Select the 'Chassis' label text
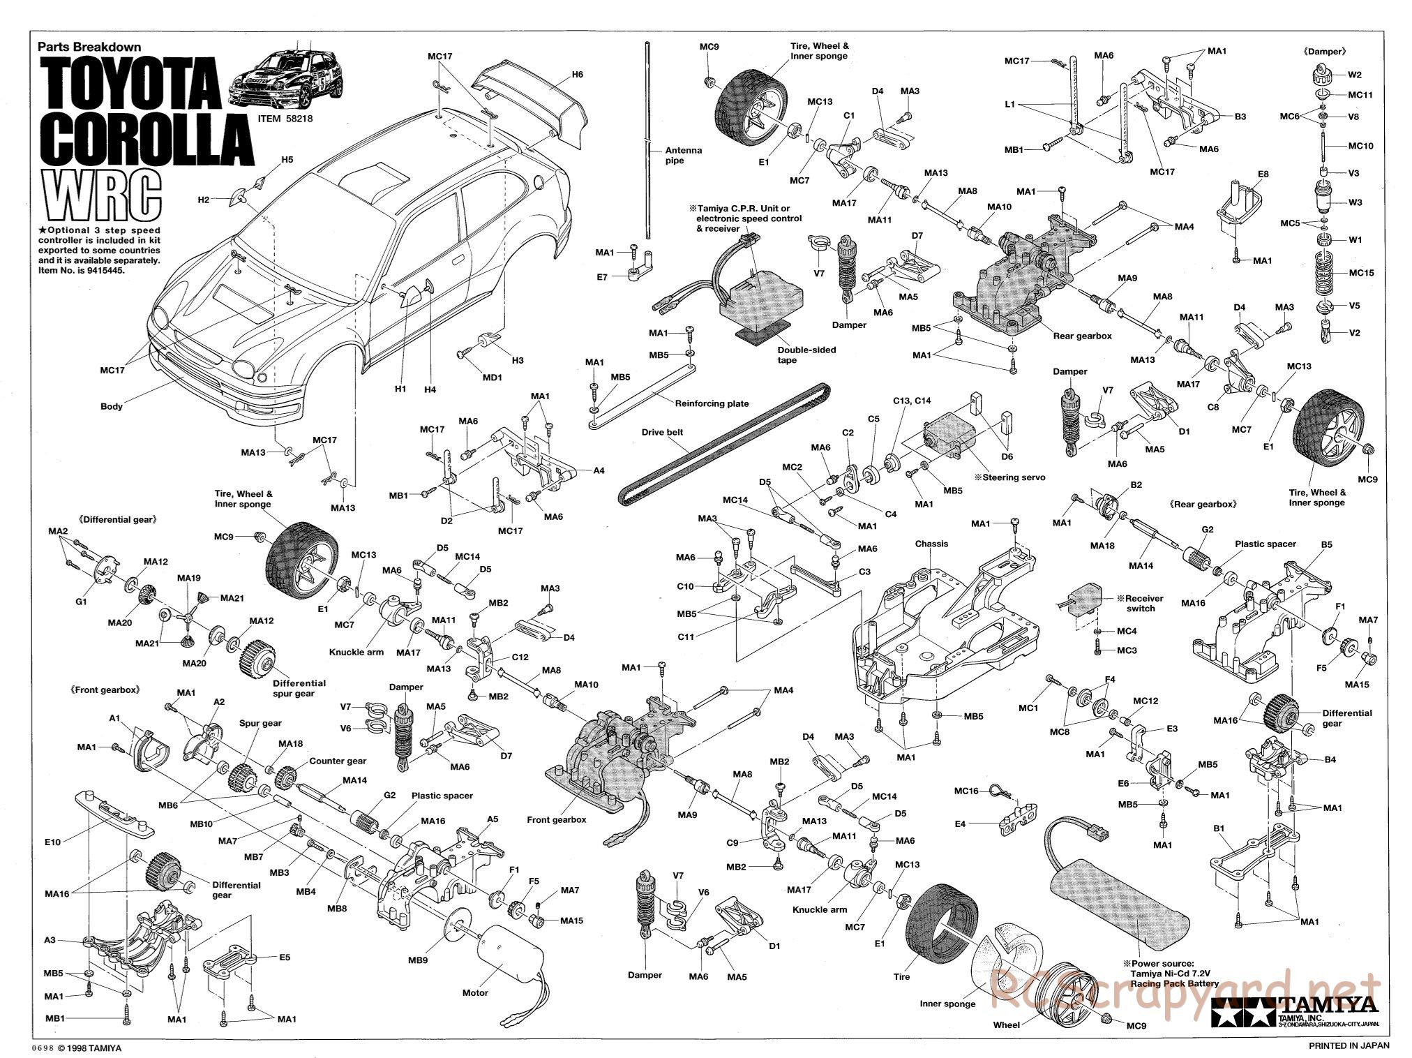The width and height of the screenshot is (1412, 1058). pyautogui.click(x=931, y=544)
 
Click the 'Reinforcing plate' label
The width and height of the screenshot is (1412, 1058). pyautogui.click(x=712, y=403)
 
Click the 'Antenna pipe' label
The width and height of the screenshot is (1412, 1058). pyautogui.click(x=684, y=155)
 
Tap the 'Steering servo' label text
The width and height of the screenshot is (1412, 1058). pyautogui.click(x=1010, y=477)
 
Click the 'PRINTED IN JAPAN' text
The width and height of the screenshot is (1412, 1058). pyautogui.click(x=1349, y=1045)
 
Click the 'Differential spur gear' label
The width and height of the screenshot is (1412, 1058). pyautogui.click(x=299, y=688)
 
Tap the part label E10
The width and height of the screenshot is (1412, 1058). pyautogui.click(x=53, y=842)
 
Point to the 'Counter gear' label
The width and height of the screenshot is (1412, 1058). pyautogui.click(x=338, y=761)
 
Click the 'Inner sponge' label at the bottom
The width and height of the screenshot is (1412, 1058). pyautogui.click(x=947, y=1004)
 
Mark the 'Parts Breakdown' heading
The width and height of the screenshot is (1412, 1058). pyautogui.click(x=89, y=47)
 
